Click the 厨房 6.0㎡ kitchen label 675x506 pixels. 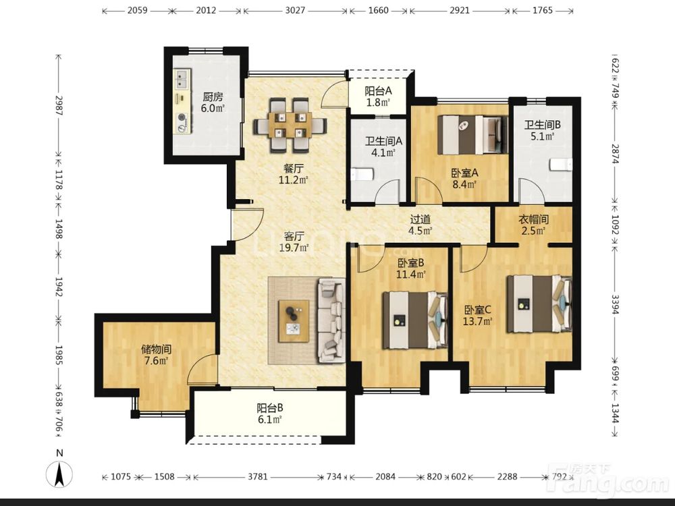[x=213, y=103]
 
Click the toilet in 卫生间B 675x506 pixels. [x=561, y=164]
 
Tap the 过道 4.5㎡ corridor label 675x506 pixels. [x=420, y=225]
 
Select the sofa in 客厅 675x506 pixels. [x=331, y=320]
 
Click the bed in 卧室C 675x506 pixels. [x=539, y=304]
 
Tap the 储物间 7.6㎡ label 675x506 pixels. [x=157, y=355]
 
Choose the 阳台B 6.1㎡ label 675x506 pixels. [x=270, y=414]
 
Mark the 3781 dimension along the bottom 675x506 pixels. [x=258, y=476]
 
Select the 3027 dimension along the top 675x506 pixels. [x=295, y=10]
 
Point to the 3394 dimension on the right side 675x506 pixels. [x=615, y=304]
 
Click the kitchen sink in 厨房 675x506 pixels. [x=182, y=80]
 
